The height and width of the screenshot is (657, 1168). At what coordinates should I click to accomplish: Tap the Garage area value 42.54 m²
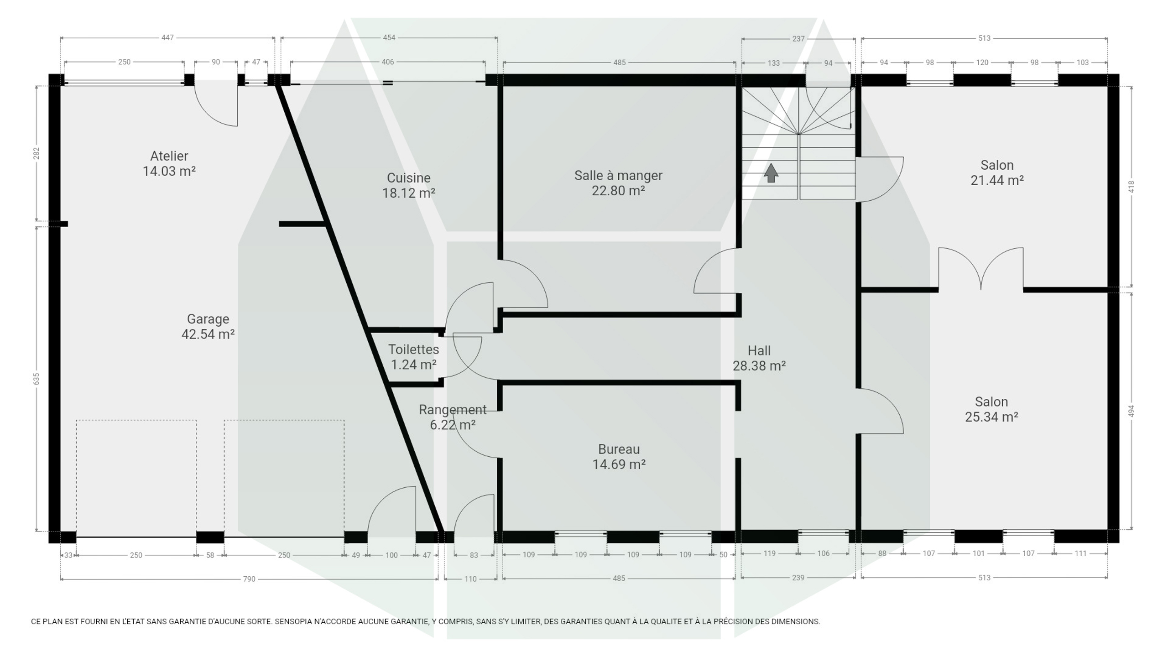208,334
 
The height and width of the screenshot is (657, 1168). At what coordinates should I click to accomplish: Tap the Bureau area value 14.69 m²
619,464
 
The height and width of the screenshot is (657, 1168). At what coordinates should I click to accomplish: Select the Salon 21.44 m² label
997,172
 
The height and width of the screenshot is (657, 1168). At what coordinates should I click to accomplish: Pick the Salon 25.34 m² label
991,409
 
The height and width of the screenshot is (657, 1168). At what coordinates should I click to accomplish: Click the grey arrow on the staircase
771,173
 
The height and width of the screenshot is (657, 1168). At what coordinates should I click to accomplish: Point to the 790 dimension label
249,579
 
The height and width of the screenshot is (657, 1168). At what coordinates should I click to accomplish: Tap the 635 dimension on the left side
36,379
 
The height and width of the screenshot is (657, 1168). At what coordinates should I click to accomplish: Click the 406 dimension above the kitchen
387,62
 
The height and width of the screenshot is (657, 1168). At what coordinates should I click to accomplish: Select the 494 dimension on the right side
1131,411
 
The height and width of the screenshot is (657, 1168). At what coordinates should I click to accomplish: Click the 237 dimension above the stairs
798,39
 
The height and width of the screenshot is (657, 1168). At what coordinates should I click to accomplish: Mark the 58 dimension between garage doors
210,555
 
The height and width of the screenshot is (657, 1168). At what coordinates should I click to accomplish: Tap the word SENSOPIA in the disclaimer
292,621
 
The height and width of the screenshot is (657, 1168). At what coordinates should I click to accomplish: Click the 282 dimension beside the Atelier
36,153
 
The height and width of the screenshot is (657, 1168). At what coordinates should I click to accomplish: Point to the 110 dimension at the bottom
470,579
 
